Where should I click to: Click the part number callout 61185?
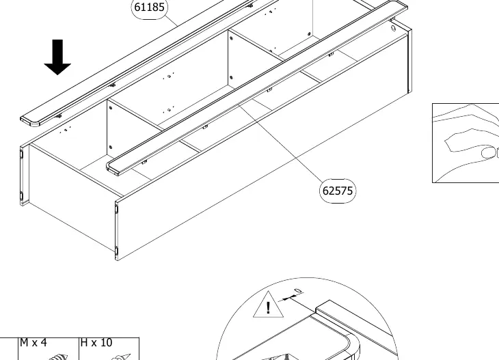coord(150,7)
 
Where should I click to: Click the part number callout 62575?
coord(337,191)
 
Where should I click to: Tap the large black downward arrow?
coord(57,57)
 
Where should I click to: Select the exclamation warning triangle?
coord(268,305)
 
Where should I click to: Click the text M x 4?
coord(33,342)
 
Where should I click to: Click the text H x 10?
coord(96,342)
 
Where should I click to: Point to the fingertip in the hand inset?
coord(489,152)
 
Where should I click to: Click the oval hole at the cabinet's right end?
coord(393,29)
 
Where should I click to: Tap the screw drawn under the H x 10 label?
coord(122,357)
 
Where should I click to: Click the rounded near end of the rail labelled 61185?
coord(30,122)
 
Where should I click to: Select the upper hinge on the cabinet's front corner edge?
coord(116,209)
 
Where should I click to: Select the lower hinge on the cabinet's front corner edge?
coord(116,251)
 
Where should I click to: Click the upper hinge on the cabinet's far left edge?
coord(22,154)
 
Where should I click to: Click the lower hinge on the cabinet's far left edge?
coord(22,196)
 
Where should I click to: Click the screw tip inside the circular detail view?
coord(287,356)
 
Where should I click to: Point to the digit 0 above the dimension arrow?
coord(298,291)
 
